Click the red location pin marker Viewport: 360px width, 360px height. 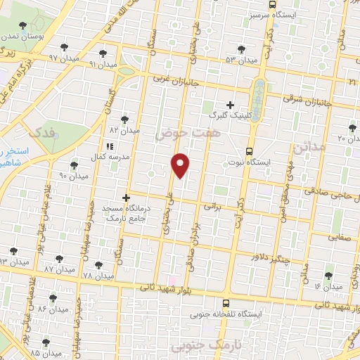coord(181,165)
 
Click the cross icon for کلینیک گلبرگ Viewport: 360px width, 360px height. coord(231,104)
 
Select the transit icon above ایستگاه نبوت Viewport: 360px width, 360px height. coord(249,151)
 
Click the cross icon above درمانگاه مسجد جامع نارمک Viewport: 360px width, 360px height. coord(127,198)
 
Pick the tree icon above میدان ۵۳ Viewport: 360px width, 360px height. coord(241,49)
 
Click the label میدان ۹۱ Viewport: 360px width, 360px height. coord(101,63)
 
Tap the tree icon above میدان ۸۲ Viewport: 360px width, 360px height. coord(125,120)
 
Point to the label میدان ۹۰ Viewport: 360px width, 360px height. coord(72,175)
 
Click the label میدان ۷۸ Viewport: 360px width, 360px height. coord(97,276)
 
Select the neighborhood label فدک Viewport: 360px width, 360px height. coord(38,133)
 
